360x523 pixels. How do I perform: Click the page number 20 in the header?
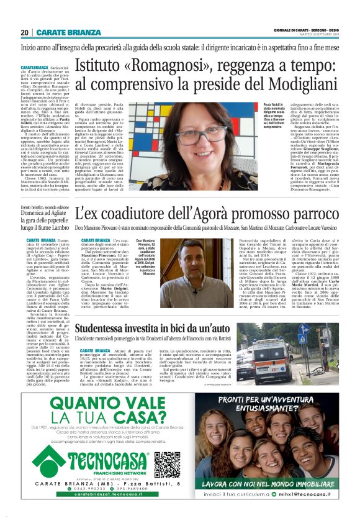(24, 32)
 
